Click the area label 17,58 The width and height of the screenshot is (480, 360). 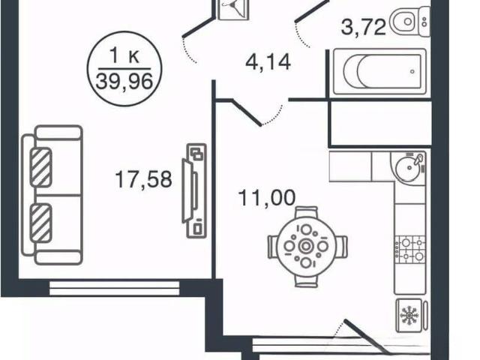pyautogui.click(x=143, y=179)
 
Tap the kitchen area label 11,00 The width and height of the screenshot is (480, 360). pyautogui.click(x=267, y=198)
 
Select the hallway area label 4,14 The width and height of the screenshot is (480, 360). pyautogui.click(x=268, y=62)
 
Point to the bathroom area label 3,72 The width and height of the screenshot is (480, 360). pyautogui.click(x=363, y=27)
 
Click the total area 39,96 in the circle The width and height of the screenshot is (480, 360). pyautogui.click(x=124, y=82)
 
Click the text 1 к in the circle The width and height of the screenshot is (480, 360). pyautogui.click(x=124, y=56)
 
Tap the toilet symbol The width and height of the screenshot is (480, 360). pyautogui.click(x=410, y=22)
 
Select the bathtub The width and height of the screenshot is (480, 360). pyautogui.click(x=379, y=71)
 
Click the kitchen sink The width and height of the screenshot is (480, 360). pyautogui.click(x=408, y=166)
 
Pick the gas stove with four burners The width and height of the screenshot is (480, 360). pyautogui.click(x=410, y=250)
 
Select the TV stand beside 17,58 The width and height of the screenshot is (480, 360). pyautogui.click(x=194, y=190)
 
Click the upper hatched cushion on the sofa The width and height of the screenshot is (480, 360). pyautogui.click(x=40, y=167)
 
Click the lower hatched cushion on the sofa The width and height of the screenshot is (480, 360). pyautogui.click(x=40, y=223)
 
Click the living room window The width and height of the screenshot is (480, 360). pyautogui.click(x=114, y=289)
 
